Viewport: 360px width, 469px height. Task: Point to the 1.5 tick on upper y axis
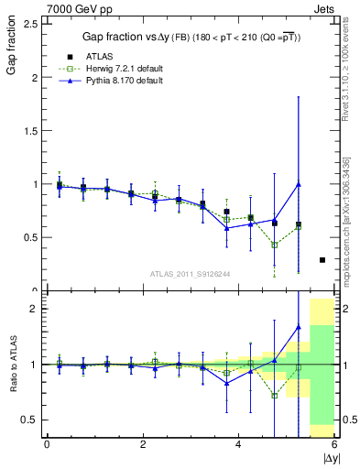[29, 131]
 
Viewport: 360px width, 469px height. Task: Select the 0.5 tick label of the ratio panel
[29, 420]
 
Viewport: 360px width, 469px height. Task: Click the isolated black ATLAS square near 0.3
[322, 260]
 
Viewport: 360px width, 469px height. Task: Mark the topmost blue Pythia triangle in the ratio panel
[299, 327]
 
